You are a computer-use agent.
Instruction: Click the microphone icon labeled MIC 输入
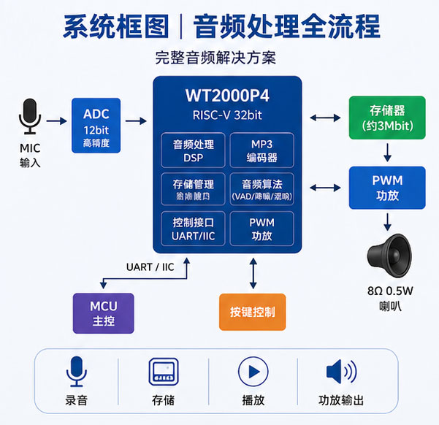click(30, 117)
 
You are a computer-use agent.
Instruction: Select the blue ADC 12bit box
click(96, 125)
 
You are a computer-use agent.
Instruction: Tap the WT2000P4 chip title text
click(226, 96)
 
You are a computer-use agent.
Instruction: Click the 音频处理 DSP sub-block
click(192, 150)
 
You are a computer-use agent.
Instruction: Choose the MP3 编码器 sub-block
click(262, 150)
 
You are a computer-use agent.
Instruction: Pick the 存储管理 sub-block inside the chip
click(192, 189)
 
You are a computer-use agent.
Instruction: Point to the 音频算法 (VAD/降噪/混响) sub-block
click(262, 189)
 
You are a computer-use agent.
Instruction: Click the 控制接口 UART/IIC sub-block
click(192, 229)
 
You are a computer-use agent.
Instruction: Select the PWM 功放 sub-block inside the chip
click(262, 229)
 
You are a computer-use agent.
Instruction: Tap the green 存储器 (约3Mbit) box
click(387, 118)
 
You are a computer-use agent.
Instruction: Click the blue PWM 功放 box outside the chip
click(387, 187)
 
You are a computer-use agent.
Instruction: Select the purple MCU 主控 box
click(104, 313)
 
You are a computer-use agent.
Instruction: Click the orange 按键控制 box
click(252, 313)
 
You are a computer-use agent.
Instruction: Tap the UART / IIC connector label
click(150, 267)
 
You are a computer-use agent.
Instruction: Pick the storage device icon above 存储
click(163, 372)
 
